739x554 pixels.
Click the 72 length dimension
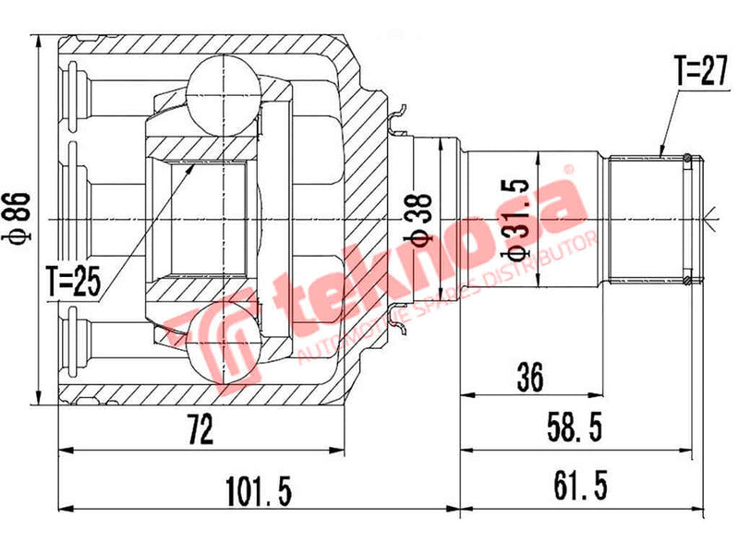click(200, 429)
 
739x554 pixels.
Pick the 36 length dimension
click(529, 376)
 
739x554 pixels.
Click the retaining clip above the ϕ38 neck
click(399, 115)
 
